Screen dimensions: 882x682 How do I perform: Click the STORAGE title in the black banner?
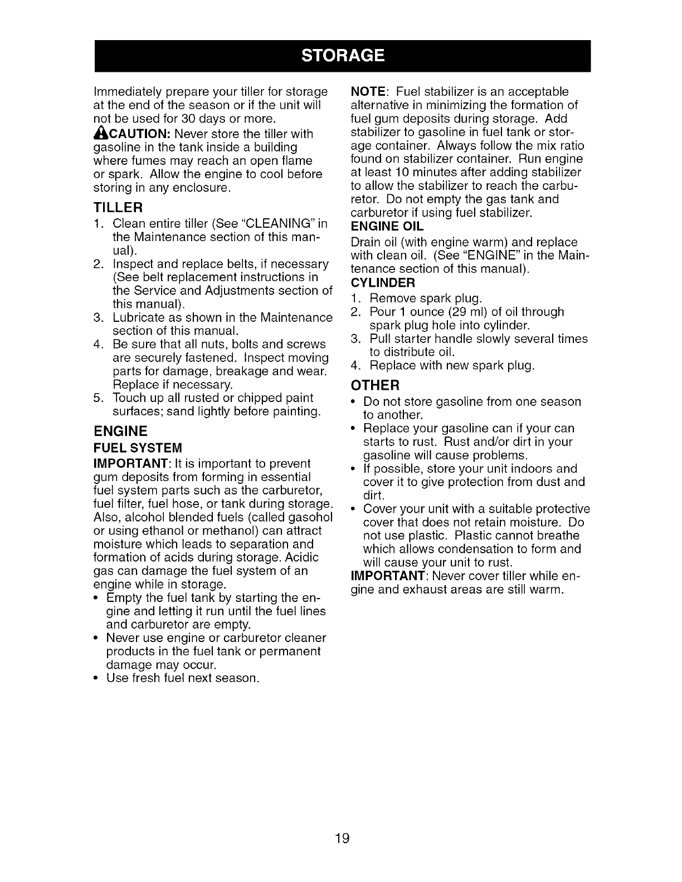click(342, 56)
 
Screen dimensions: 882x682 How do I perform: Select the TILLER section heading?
click(118, 208)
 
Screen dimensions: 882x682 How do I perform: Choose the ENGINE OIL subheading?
click(387, 226)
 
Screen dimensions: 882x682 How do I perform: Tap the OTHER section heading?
click(375, 385)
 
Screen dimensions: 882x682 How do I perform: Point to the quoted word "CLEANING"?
click(283, 224)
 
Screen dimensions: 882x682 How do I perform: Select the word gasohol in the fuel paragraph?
click(311, 517)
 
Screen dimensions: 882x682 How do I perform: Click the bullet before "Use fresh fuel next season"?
click(97, 679)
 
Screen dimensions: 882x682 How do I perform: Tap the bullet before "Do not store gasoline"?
click(354, 402)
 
